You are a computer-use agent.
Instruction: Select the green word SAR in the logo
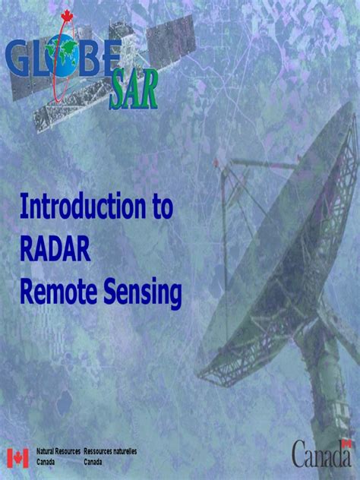click(134, 90)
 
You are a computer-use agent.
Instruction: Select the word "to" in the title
click(160, 207)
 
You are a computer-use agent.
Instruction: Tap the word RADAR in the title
click(55, 250)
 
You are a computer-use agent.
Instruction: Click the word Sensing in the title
click(141, 294)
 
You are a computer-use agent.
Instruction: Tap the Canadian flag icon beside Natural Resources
click(17, 457)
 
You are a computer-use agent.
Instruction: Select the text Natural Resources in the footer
click(58, 451)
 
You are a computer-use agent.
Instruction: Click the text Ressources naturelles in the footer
click(110, 451)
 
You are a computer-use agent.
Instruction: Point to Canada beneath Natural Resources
click(47, 461)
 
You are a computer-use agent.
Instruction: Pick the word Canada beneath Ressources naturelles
click(94, 461)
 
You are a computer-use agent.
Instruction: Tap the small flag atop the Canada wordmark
click(346, 443)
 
